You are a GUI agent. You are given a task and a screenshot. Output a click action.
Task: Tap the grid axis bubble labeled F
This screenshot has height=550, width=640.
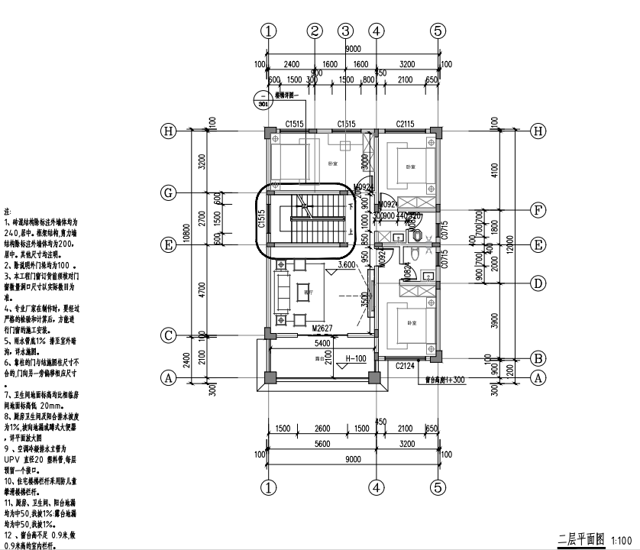point(538,209)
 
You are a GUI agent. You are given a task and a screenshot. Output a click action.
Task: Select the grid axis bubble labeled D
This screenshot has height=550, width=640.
point(538,283)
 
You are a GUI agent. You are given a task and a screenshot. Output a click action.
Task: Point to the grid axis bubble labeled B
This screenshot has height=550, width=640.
point(538,357)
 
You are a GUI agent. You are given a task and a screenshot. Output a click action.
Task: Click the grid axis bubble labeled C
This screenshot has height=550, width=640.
point(169,335)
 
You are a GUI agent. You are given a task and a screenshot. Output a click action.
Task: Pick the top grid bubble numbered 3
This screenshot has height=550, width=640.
point(346,31)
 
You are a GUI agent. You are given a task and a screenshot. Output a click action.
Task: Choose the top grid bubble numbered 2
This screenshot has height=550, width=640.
point(315,31)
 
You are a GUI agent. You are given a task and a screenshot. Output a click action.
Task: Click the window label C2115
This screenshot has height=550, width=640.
point(406,124)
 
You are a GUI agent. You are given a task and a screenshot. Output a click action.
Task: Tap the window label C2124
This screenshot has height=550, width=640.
point(406,367)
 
